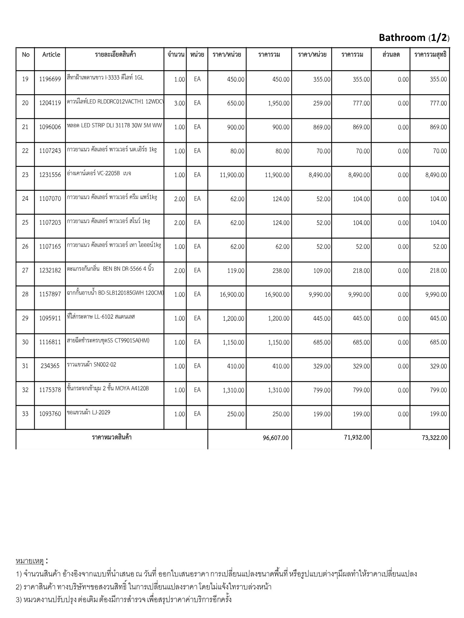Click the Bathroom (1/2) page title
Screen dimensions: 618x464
pyautogui.click(x=414, y=38)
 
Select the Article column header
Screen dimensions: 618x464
pyautogui.click(x=51, y=55)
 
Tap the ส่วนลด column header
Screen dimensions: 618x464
pyautogui.click(x=391, y=55)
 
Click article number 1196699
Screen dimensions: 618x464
pyautogui.click(x=50, y=79)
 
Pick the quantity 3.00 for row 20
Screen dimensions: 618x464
pyautogui.click(x=179, y=103)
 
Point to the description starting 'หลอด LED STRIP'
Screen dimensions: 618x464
pyautogui.click(x=114, y=126)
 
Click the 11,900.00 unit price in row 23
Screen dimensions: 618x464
pyautogui.click(x=232, y=175)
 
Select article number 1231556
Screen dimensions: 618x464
pyautogui.click(x=50, y=175)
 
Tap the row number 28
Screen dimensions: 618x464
pyautogui.click(x=25, y=294)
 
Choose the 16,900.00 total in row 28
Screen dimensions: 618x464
pyautogui.click(x=277, y=295)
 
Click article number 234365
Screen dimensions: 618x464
pyautogui.click(x=50, y=366)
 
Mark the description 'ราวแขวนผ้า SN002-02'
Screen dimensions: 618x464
pyautogui.click(x=92, y=365)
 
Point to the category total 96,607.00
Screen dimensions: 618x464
pyautogui.click(x=275, y=438)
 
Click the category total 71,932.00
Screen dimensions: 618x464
pyautogui.click(x=357, y=437)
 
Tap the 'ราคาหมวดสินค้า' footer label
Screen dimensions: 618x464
pyautogui.click(x=112, y=437)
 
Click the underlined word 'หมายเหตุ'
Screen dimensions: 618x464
pyautogui.click(x=30, y=561)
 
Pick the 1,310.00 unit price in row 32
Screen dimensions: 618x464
pyautogui.click(x=234, y=390)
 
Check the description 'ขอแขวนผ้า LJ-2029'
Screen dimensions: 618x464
pyautogui.click(x=89, y=413)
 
